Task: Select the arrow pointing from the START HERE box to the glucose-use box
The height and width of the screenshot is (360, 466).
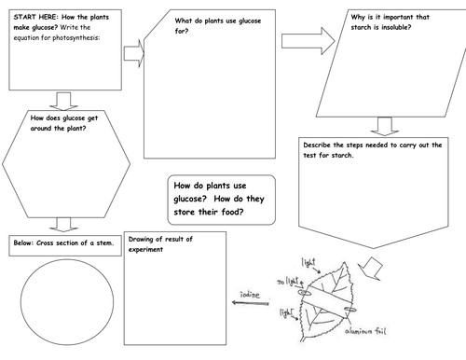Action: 134,53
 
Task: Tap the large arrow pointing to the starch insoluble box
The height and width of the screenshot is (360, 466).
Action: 308,41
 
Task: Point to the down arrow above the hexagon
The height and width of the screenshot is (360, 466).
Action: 63,101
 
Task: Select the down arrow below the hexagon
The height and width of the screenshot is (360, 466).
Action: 63,225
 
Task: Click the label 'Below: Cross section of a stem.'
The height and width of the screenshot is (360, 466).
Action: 63,242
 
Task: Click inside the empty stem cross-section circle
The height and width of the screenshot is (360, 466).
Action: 67,302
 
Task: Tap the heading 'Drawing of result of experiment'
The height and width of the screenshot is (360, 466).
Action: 160,244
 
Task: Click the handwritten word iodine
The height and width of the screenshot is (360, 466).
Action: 250,294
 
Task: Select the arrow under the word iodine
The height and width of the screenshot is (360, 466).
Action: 251,303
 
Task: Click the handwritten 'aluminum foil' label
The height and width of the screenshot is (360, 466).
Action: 365,331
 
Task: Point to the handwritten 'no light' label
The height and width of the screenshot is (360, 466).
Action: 288,282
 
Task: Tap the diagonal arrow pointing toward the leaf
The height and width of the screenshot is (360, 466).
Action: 370,269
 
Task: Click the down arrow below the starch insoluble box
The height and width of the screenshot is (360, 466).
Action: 385,126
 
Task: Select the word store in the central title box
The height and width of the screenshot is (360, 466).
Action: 185,212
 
